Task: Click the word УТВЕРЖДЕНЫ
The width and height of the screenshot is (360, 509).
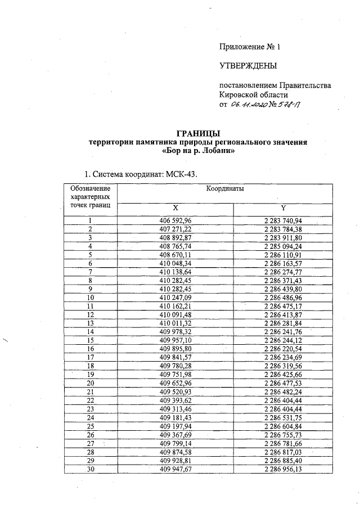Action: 248,66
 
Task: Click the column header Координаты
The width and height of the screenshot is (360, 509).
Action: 224,190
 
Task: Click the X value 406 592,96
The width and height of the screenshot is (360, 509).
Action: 175,220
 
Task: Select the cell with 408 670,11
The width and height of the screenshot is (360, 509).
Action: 175,254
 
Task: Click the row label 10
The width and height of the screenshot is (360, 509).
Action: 91,297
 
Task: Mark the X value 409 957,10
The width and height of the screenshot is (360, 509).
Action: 175,340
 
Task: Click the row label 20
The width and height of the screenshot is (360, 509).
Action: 91,382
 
